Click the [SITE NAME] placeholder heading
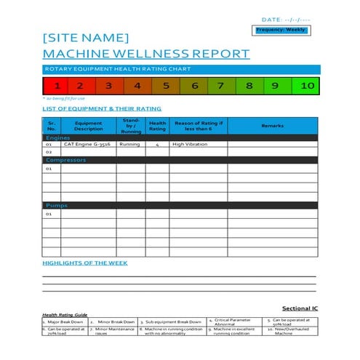[86, 38]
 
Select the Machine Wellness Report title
[146, 54]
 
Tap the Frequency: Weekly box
[281, 30]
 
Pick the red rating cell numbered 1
[56, 86]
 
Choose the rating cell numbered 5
[166, 86]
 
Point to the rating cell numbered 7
[221, 86]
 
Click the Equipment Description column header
[88, 127]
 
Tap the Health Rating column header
[157, 127]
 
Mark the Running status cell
[130, 144]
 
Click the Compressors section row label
[66, 160]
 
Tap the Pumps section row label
[57, 206]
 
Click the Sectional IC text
[300, 308]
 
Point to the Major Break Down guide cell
[64, 321]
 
